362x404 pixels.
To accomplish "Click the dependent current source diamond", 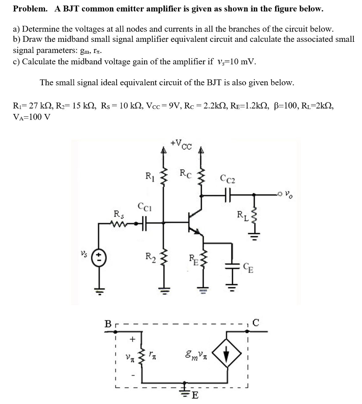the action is pyautogui.click(x=226, y=353).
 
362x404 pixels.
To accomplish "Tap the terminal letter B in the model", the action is pyautogui.click(x=107, y=324).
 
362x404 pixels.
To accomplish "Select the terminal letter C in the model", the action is pyautogui.click(x=256, y=323).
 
